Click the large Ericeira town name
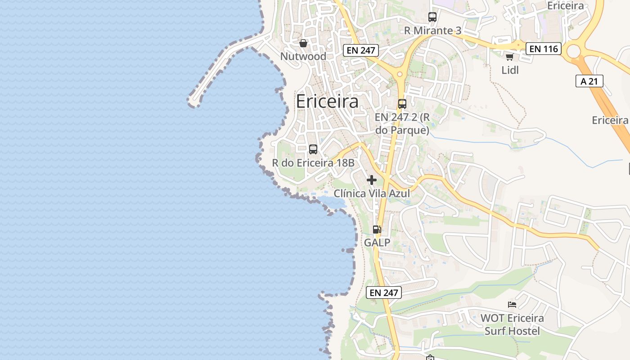tap(327, 102)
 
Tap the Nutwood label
tap(303, 57)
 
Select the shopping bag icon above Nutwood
tap(303, 43)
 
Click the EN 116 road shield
tap(544, 49)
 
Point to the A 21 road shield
tap(589, 81)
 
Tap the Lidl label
tap(510, 70)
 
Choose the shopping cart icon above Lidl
tap(509, 57)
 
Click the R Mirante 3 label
tap(432, 31)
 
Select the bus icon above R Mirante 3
tap(432, 17)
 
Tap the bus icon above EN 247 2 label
tap(402, 104)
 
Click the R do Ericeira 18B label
tap(313, 163)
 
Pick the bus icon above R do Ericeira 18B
tap(313, 149)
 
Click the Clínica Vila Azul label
tap(372, 193)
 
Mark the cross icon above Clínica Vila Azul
tap(372, 180)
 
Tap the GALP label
tap(377, 243)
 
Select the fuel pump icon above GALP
tap(377, 229)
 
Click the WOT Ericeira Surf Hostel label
tap(512, 324)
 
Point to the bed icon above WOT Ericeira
tap(512, 305)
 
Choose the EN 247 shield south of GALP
tap(383, 292)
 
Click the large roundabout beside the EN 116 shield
tap(574, 51)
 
